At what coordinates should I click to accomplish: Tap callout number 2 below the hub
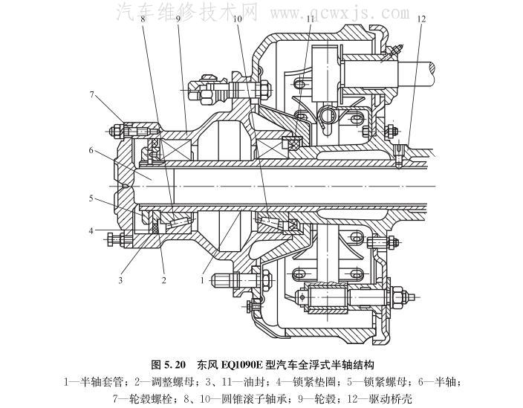[x=163, y=281]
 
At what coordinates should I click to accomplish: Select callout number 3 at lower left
[x=119, y=281]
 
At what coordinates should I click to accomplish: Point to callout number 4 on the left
[x=92, y=231]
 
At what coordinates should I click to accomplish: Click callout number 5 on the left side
[x=92, y=198]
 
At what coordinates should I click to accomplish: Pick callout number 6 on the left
[x=92, y=151]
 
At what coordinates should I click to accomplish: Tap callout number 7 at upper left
[x=92, y=94]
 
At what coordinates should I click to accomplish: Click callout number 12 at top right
[x=421, y=18]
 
